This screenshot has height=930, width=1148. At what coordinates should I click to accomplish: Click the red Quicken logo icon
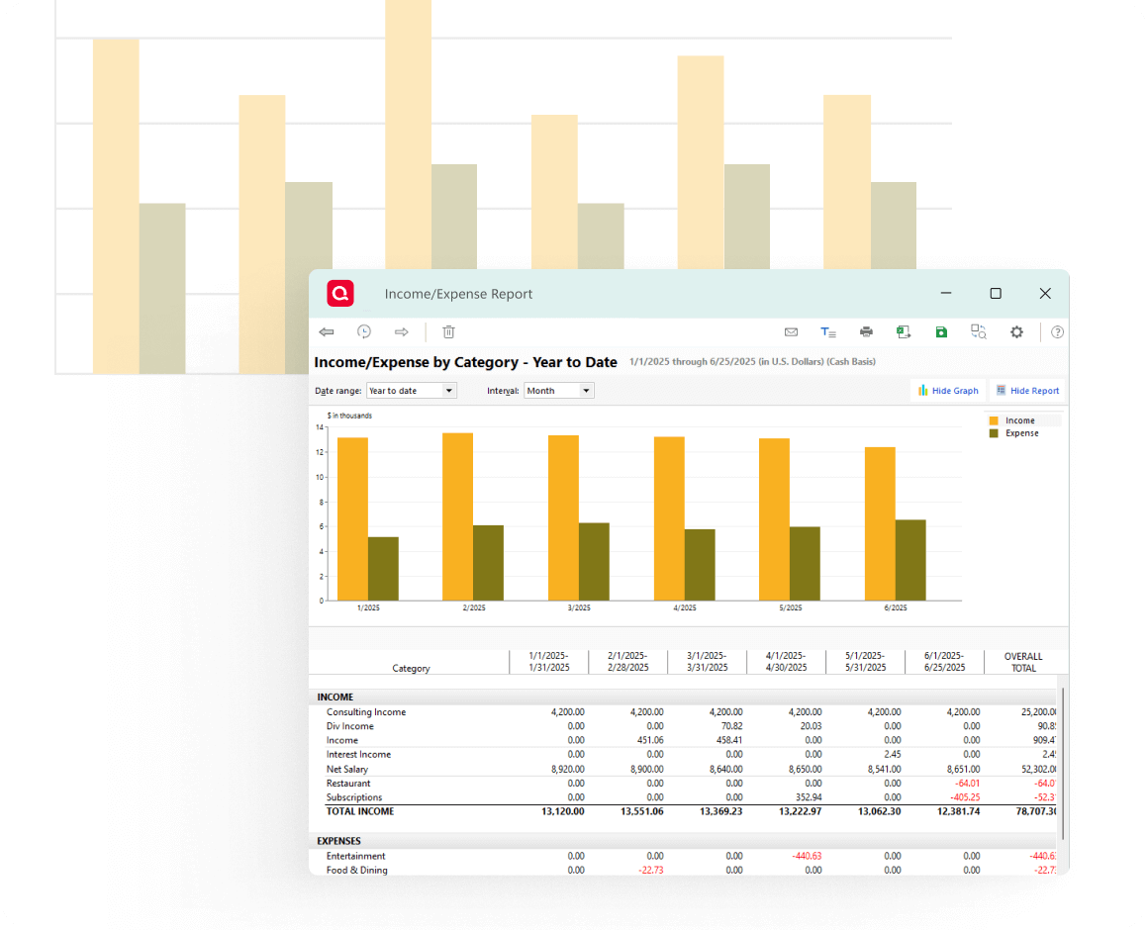[340, 294]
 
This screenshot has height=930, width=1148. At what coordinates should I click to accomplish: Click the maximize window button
[996, 294]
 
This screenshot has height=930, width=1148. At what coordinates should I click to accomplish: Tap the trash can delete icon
[448, 332]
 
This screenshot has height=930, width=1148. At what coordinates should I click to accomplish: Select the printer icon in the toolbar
[866, 332]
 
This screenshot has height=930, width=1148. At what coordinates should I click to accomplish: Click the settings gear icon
[1016, 332]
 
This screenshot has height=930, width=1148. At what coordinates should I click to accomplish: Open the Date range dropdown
[411, 391]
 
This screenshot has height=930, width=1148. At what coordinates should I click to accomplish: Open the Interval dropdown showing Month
[558, 391]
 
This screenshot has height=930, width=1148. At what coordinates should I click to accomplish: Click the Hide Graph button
[947, 391]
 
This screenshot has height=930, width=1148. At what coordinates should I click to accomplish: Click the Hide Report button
[1027, 391]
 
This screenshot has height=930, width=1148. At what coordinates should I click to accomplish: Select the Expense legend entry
[1021, 433]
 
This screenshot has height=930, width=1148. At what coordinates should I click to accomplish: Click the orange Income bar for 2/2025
[457, 515]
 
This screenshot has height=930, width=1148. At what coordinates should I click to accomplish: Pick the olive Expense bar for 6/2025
[910, 560]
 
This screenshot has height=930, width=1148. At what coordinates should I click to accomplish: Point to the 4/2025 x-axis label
[684, 608]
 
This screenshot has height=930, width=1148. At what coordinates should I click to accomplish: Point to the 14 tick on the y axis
[320, 427]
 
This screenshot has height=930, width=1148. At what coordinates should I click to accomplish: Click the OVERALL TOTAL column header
[1023, 662]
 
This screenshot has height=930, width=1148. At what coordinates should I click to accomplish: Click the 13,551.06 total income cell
[641, 811]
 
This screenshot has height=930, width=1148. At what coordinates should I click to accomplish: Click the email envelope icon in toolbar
[791, 332]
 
